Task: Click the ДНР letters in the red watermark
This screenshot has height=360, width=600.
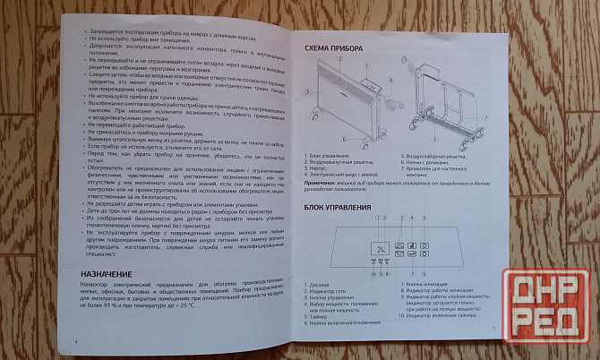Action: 547,293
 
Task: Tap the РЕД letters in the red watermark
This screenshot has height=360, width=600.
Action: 547,329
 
